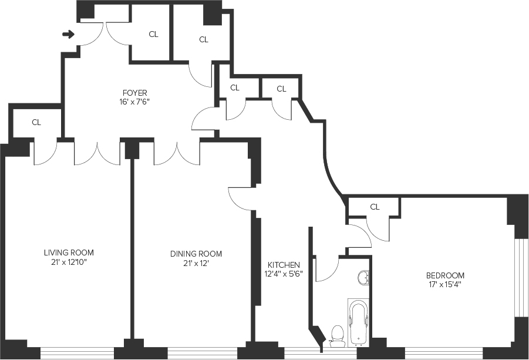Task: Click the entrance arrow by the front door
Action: [x=69, y=35]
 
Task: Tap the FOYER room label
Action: [x=134, y=93]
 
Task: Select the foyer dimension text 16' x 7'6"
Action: [x=134, y=102]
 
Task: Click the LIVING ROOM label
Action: [x=69, y=253]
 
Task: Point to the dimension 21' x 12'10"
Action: [x=69, y=263]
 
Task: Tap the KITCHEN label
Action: [x=284, y=265]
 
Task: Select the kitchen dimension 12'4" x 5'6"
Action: [x=284, y=274]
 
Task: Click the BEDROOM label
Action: [x=445, y=275]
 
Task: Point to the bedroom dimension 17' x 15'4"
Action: [x=445, y=285]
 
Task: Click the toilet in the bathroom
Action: [x=336, y=335]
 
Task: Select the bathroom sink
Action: [x=364, y=278]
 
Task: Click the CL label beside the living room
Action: [x=36, y=123]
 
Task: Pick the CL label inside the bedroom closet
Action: [x=375, y=207]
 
